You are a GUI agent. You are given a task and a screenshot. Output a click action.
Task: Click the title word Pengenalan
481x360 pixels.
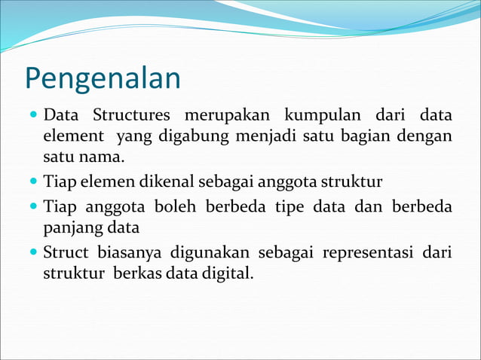pos(103,79)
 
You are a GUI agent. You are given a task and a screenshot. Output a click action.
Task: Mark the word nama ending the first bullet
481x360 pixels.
pos(103,158)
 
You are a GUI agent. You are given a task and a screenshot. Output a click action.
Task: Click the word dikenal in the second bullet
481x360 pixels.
pos(158,182)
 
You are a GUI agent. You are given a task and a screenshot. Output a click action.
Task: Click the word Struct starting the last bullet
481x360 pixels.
pos(66,252)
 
